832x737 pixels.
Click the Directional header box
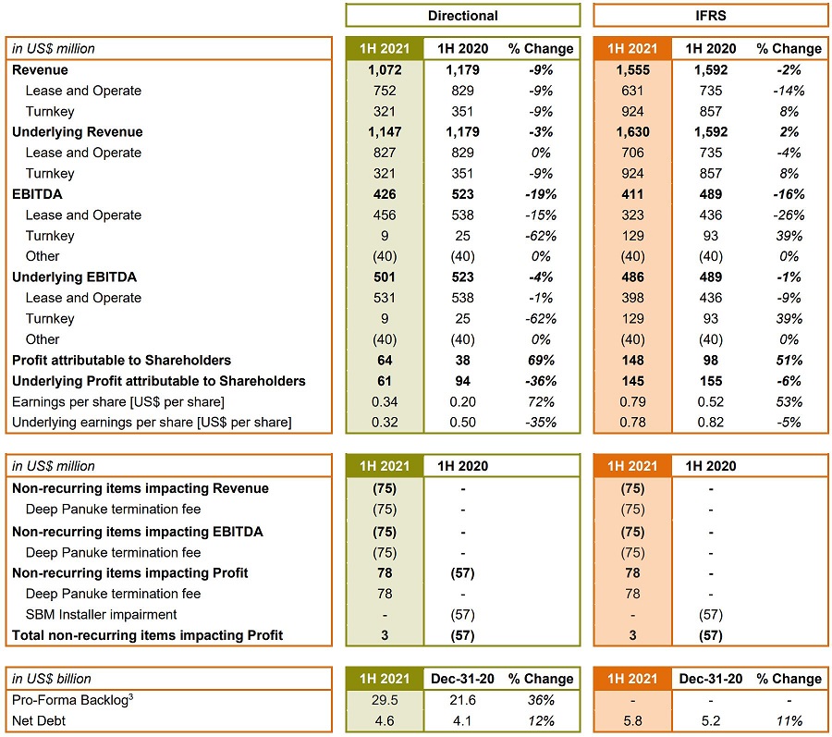pyautogui.click(x=462, y=16)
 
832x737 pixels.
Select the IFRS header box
pyautogui.click(x=710, y=16)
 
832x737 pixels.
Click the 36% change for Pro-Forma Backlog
pyautogui.click(x=540, y=700)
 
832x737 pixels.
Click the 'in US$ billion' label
pyautogui.click(x=52, y=679)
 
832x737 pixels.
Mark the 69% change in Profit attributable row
pyautogui.click(x=540, y=360)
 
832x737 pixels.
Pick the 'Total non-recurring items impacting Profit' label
pyautogui.click(x=147, y=635)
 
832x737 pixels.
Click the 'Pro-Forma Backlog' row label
pyautogui.click(x=70, y=700)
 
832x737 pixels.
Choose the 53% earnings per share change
pyautogui.click(x=789, y=401)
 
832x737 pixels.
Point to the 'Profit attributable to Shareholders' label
pyautogui.click(x=121, y=360)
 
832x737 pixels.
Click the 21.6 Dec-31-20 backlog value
pyautogui.click(x=461, y=700)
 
